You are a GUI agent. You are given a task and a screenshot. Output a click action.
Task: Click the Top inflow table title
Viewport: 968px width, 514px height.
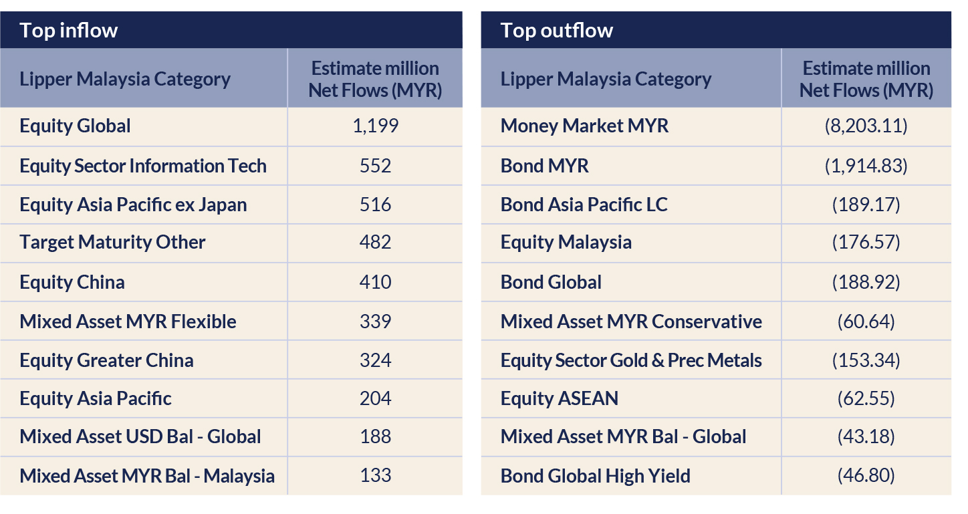[68, 31]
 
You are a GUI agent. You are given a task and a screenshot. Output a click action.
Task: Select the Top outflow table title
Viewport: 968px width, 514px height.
[556, 31]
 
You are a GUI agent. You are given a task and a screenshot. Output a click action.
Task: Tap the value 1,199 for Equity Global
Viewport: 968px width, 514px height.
[375, 126]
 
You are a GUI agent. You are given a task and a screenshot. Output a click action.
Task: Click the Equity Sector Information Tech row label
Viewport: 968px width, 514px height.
[143, 166]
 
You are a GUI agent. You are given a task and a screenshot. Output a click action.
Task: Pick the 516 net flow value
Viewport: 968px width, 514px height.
[375, 205]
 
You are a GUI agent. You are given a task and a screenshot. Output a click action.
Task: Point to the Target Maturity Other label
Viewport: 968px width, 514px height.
[112, 242]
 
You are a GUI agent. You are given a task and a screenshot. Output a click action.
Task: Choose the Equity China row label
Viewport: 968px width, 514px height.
[72, 282]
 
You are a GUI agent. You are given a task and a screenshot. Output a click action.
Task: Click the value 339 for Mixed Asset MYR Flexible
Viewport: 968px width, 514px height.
[375, 322]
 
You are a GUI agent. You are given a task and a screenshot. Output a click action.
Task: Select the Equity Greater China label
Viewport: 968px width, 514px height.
[106, 360]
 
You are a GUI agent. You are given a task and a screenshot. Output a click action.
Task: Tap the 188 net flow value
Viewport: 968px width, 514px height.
[375, 437]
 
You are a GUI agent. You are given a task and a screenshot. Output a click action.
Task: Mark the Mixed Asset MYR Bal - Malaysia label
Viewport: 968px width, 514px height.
[147, 476]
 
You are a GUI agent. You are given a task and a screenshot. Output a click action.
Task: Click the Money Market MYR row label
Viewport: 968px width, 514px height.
[584, 126]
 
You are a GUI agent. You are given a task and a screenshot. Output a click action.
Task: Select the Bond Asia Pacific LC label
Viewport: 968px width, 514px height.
[584, 205]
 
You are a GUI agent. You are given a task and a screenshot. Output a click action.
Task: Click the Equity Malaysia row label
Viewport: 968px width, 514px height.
[566, 242]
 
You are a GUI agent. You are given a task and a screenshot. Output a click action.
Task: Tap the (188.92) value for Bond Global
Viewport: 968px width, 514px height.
[866, 282]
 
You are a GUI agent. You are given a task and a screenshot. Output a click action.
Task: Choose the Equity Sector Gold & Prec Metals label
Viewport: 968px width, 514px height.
[631, 360]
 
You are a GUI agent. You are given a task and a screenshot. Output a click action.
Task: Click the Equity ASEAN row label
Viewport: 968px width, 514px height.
[559, 399]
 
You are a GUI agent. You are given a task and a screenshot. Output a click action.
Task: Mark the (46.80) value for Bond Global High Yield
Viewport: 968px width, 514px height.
[866, 476]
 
